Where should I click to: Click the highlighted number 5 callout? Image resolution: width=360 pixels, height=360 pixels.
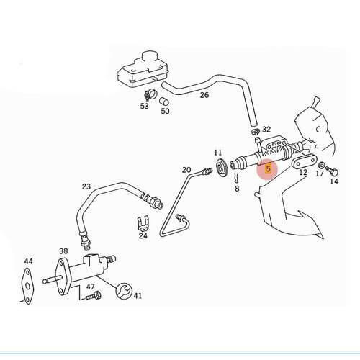coord(268,168)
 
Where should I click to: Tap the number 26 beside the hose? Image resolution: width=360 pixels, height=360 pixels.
coord(204,95)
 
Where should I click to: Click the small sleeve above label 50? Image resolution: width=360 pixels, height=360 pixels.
coord(164,101)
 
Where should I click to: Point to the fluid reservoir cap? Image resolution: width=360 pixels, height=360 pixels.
coord(148,58)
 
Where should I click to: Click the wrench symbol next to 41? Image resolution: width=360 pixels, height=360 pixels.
coord(124,291)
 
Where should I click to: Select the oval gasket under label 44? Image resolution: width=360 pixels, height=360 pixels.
coord(27,287)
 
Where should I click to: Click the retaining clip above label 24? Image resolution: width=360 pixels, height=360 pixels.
coord(143,225)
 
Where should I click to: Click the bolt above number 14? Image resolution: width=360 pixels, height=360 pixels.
coord(334,171)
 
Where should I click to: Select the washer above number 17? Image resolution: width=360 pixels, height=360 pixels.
coord(321,165)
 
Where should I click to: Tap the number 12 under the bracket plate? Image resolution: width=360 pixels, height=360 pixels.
coord(303,172)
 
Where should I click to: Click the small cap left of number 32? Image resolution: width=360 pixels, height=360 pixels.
coord(256,132)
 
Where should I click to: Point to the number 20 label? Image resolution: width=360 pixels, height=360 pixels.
coord(186,170)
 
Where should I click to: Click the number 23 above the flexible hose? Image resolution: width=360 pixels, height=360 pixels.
coord(86,186)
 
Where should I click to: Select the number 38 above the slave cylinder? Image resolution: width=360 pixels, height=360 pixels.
coord(63,251)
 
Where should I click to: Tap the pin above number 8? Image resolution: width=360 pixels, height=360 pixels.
coord(237,178)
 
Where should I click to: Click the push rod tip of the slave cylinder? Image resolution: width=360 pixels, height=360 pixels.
coord(45,281)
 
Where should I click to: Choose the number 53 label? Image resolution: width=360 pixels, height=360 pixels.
coord(145,106)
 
